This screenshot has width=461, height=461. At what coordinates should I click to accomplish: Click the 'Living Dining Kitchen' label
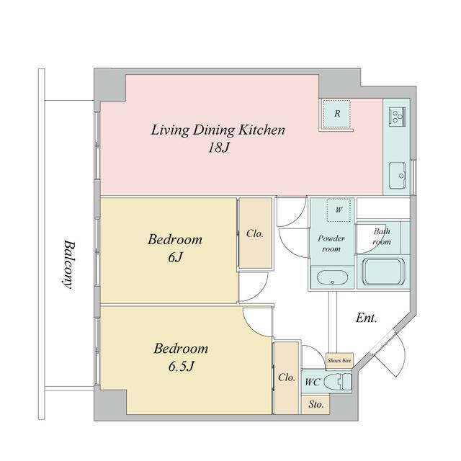click(218, 130)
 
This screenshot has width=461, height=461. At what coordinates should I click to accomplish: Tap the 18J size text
click(218, 148)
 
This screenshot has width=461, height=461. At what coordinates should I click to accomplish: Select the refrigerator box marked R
click(337, 114)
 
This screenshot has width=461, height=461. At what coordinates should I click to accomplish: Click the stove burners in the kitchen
click(397, 116)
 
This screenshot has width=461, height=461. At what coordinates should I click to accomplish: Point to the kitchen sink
click(398, 175)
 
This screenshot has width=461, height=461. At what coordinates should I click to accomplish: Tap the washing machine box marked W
click(339, 210)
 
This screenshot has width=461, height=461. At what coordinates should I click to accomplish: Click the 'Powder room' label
click(331, 243)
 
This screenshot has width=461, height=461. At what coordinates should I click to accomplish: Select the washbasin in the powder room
click(333, 278)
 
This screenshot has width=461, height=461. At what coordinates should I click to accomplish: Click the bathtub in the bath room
click(383, 272)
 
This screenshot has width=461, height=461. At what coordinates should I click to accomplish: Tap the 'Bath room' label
click(382, 236)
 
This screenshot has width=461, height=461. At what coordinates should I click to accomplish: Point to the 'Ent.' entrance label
click(367, 318)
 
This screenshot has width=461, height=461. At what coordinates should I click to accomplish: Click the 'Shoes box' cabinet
click(339, 360)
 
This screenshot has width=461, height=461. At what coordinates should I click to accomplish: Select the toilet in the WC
click(338, 382)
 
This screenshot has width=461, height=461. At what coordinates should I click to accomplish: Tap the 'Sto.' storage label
click(315, 405)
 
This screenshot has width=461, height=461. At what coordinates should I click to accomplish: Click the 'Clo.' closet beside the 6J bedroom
click(255, 233)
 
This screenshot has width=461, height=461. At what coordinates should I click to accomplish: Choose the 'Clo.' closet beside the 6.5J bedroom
click(287, 377)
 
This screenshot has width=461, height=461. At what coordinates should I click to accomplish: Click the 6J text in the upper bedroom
click(175, 258)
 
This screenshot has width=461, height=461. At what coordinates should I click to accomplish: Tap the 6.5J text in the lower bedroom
click(181, 367)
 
